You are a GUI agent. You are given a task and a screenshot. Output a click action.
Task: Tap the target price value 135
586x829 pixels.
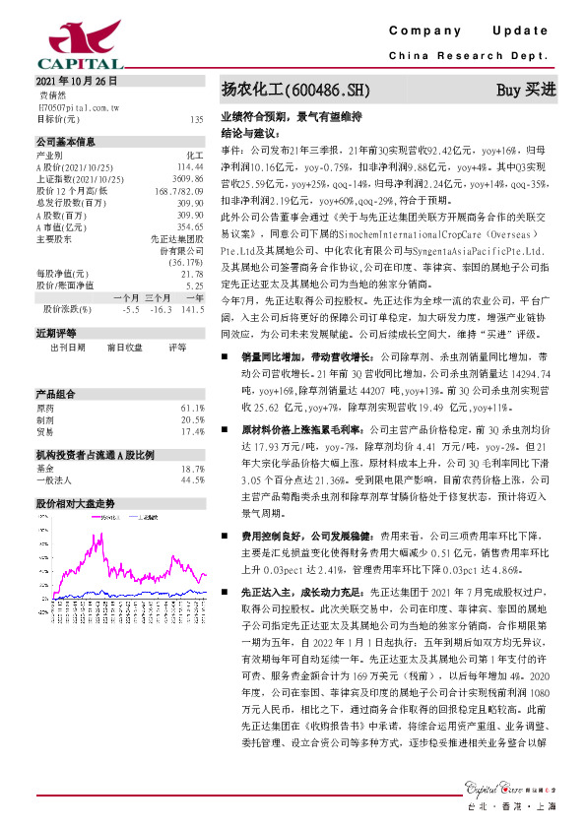(196, 118)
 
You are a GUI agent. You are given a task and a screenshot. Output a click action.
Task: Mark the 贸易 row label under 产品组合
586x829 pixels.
(46, 403)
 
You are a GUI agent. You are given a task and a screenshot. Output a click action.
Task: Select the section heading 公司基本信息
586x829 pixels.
(65, 142)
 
